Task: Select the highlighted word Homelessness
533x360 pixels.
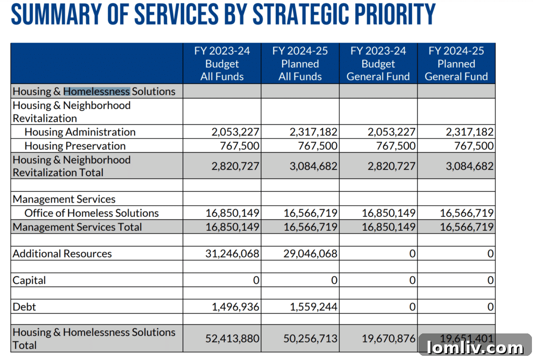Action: coord(96,91)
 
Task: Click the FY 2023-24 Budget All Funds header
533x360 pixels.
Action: coord(222,64)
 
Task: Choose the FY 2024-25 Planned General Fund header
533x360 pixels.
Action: coord(456,64)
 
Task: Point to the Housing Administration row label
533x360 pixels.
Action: coord(80,132)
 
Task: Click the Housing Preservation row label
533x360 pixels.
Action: coord(75,146)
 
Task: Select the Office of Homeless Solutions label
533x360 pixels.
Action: coord(92,213)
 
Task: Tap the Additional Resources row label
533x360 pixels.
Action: coord(62,254)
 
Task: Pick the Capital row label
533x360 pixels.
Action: coord(29,280)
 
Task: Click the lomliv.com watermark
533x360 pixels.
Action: coord(475,347)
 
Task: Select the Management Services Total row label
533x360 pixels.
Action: coord(77,227)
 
